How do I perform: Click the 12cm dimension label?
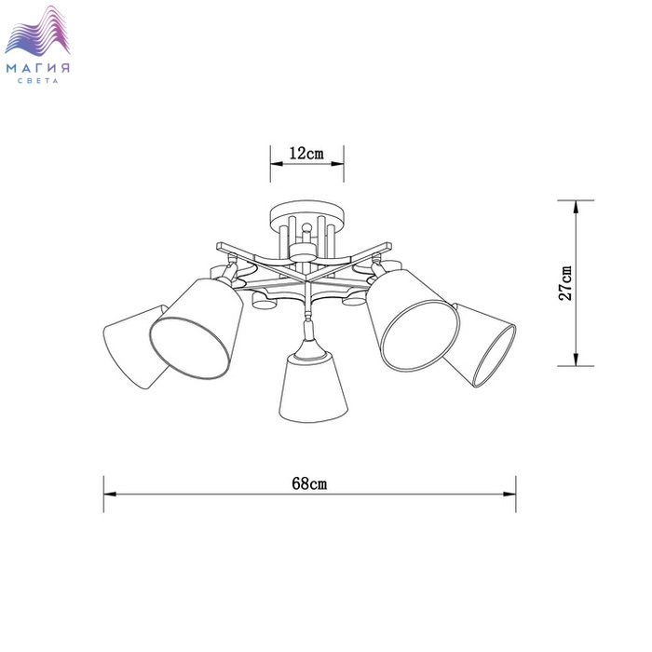pos(306,154)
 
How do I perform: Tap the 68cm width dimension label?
pos(309,483)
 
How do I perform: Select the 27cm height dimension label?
pos(565,283)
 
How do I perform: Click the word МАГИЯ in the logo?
pos(38,68)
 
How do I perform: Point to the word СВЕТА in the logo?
pos(38,81)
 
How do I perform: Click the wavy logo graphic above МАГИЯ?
pos(37,30)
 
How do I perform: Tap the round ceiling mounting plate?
pos(306,213)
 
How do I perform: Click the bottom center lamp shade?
pos(313,387)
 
